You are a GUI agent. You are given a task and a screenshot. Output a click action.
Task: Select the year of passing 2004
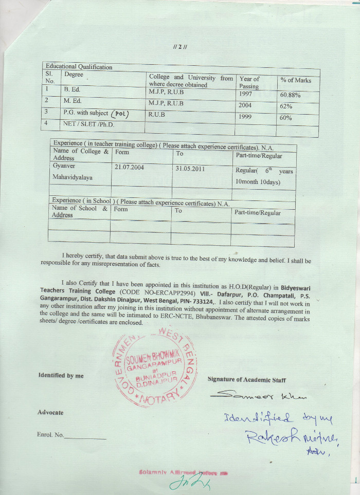click(x=245, y=105)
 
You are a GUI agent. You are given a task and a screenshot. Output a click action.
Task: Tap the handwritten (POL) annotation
click(x=120, y=114)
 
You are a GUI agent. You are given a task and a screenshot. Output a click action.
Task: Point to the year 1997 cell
click(x=246, y=94)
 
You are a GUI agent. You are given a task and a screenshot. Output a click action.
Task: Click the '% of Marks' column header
click(x=296, y=80)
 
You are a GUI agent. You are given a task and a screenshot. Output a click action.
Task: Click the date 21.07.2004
click(x=130, y=168)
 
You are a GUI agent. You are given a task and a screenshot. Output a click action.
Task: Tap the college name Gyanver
click(x=64, y=166)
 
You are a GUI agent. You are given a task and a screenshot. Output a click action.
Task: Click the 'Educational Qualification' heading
click(x=79, y=67)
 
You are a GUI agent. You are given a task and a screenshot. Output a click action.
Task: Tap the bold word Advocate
click(x=50, y=412)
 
